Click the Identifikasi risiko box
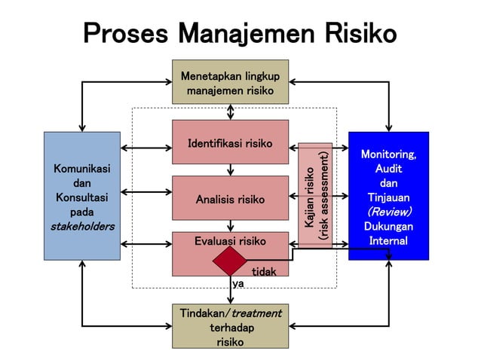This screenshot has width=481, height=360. [230, 142]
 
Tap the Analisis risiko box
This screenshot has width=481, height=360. [230, 199]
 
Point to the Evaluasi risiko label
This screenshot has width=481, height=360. [230, 241]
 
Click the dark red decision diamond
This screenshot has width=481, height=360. [230, 261]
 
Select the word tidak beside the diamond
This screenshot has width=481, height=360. [263, 271]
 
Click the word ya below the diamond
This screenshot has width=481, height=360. [238, 283]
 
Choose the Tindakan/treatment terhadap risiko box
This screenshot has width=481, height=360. [230, 326]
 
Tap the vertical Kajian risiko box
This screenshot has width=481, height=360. [315, 195]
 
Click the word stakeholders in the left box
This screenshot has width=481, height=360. [81, 226]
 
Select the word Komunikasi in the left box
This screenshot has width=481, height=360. [81, 169]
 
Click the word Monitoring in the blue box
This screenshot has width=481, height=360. [388, 154]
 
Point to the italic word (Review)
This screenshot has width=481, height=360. [388, 212]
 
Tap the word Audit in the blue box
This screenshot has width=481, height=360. [388, 169]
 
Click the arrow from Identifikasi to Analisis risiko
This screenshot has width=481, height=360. [231, 169]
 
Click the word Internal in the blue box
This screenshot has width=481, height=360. [388, 240]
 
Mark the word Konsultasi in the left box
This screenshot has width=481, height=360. [81, 197]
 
